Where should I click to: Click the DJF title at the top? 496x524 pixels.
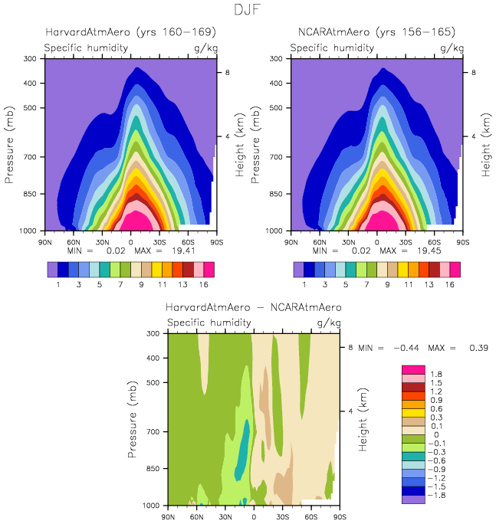[x=248, y=11]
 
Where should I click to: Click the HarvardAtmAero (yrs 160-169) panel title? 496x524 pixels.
[x=130, y=32]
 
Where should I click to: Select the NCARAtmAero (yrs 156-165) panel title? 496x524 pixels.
[x=376, y=32]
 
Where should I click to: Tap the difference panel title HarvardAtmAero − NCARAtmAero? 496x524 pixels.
[x=254, y=307]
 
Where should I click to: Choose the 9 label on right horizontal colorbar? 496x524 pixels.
[x=386, y=284]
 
